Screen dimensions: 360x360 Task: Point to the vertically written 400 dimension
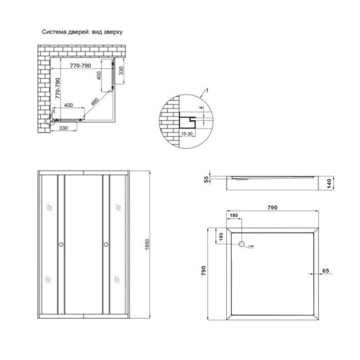pyautogui.click(x=99, y=78)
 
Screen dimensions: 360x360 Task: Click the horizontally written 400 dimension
pyautogui.click(x=69, y=105)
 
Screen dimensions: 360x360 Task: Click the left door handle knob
pyautogui.click(x=61, y=244)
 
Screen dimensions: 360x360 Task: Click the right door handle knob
pyautogui.click(x=105, y=244)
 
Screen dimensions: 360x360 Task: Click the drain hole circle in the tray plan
pyautogui.click(x=242, y=244)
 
